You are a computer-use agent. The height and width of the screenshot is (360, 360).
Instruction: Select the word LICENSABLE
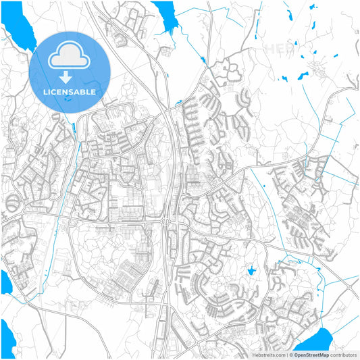tap(70, 91)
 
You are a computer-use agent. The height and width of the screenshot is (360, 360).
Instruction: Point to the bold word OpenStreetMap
tap(315, 354)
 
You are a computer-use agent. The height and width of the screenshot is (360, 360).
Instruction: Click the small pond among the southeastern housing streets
tap(251, 271)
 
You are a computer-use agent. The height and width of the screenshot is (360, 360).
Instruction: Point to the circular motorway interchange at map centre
tap(165, 221)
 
